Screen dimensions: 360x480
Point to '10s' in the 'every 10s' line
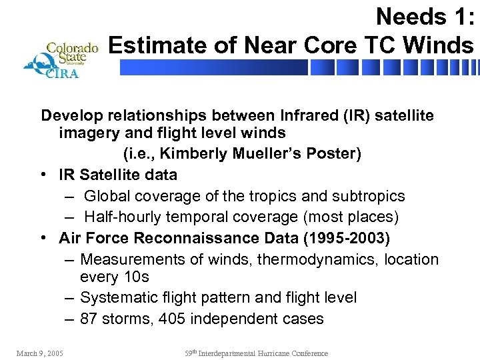[x=136, y=277]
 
